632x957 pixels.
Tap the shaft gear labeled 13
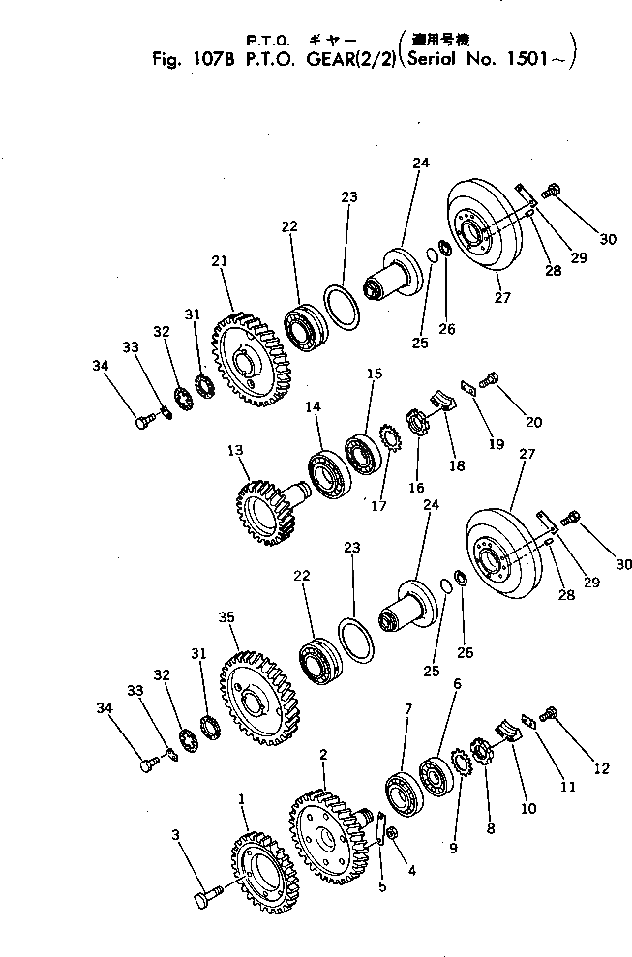[261, 501]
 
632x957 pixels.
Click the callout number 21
[220, 261]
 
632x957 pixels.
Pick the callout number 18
[456, 465]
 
